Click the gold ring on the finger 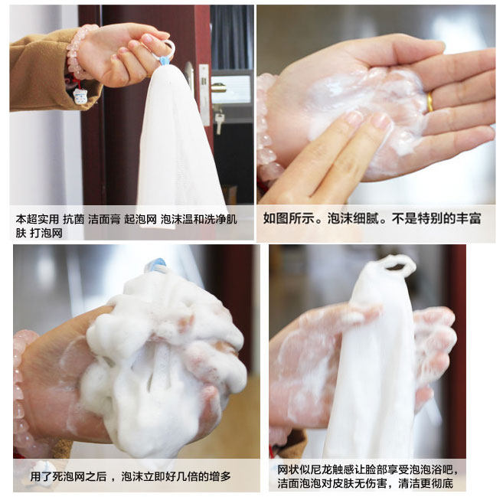tap(430, 102)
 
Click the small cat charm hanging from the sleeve tap(80, 96)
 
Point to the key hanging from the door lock tap(219, 123)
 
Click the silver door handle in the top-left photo tap(189, 74)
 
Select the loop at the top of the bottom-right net tap(398, 263)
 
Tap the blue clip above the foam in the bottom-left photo tap(156, 265)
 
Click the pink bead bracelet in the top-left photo tap(77, 53)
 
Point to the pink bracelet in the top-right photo tap(266, 129)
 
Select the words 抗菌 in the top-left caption tap(73, 220)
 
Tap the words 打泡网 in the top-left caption tap(47, 233)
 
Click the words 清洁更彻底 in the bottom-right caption tap(426, 484)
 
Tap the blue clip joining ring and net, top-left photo tap(165, 60)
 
